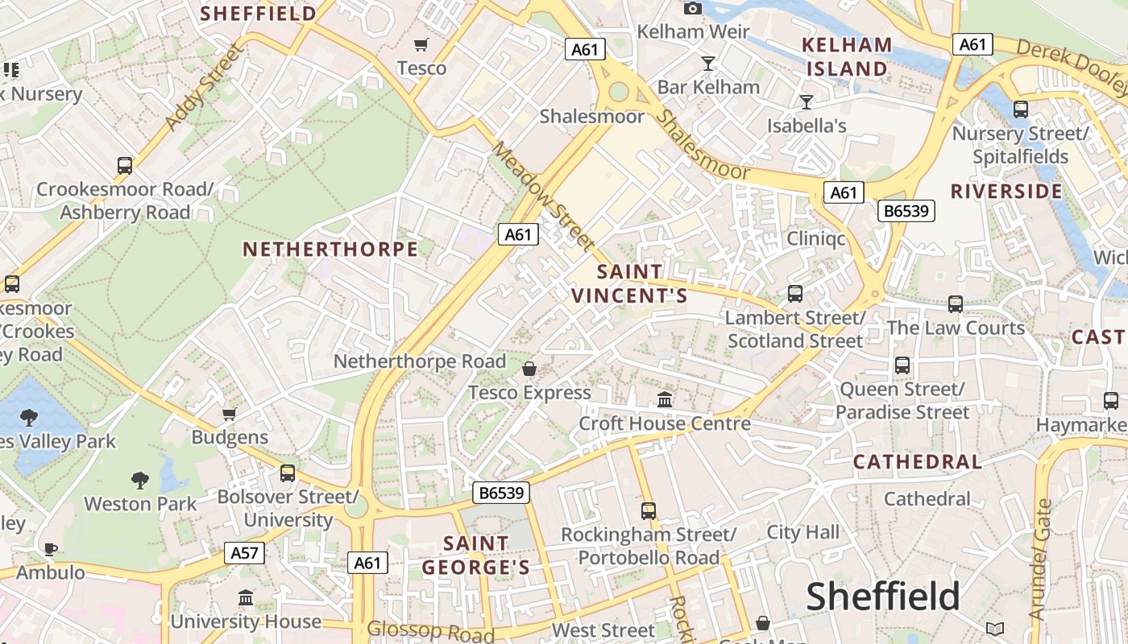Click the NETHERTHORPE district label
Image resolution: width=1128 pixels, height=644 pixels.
coord(330,250)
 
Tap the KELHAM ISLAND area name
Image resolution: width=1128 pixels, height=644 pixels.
coord(847,56)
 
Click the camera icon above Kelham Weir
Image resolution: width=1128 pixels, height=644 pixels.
coord(692,8)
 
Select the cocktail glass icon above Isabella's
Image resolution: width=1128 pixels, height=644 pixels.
coord(806,101)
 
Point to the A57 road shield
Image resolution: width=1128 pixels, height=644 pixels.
coord(244,552)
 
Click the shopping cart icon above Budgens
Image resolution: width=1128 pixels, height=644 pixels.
coord(230,414)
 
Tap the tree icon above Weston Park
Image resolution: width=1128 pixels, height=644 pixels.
coord(140,481)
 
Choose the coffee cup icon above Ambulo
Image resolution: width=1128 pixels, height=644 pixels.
coord(50,549)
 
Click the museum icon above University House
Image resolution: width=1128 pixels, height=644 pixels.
coord(246,597)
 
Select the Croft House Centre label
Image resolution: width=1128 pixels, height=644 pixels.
coord(665,423)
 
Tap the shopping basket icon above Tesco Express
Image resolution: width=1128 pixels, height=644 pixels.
coord(529,369)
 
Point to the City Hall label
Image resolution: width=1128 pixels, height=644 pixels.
coord(802,532)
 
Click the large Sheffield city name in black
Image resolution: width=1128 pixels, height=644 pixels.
coord(883,597)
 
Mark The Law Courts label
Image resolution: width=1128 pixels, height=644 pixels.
coord(956,328)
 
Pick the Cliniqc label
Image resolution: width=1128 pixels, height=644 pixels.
coord(816,239)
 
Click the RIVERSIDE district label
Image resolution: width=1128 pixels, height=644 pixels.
coord(1006,192)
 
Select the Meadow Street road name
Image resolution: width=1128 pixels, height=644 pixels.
coord(544,196)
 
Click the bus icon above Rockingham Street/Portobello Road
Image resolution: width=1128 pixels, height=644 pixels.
coord(649,510)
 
